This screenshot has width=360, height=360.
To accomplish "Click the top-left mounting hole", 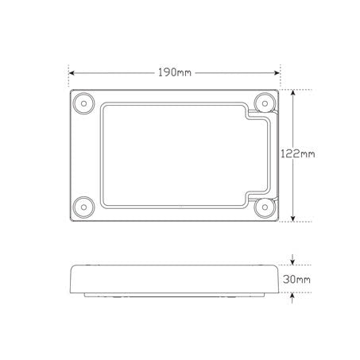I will [82, 103].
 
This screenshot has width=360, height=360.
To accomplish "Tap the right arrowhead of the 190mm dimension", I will [277, 72].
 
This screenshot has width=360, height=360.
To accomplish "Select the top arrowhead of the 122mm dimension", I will [294, 91].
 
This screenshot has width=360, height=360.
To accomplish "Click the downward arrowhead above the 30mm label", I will [294, 264].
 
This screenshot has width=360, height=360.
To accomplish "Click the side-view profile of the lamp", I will [175, 280].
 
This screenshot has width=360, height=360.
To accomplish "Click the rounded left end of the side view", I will [73, 280].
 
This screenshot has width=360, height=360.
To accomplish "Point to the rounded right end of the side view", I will [277, 280].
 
